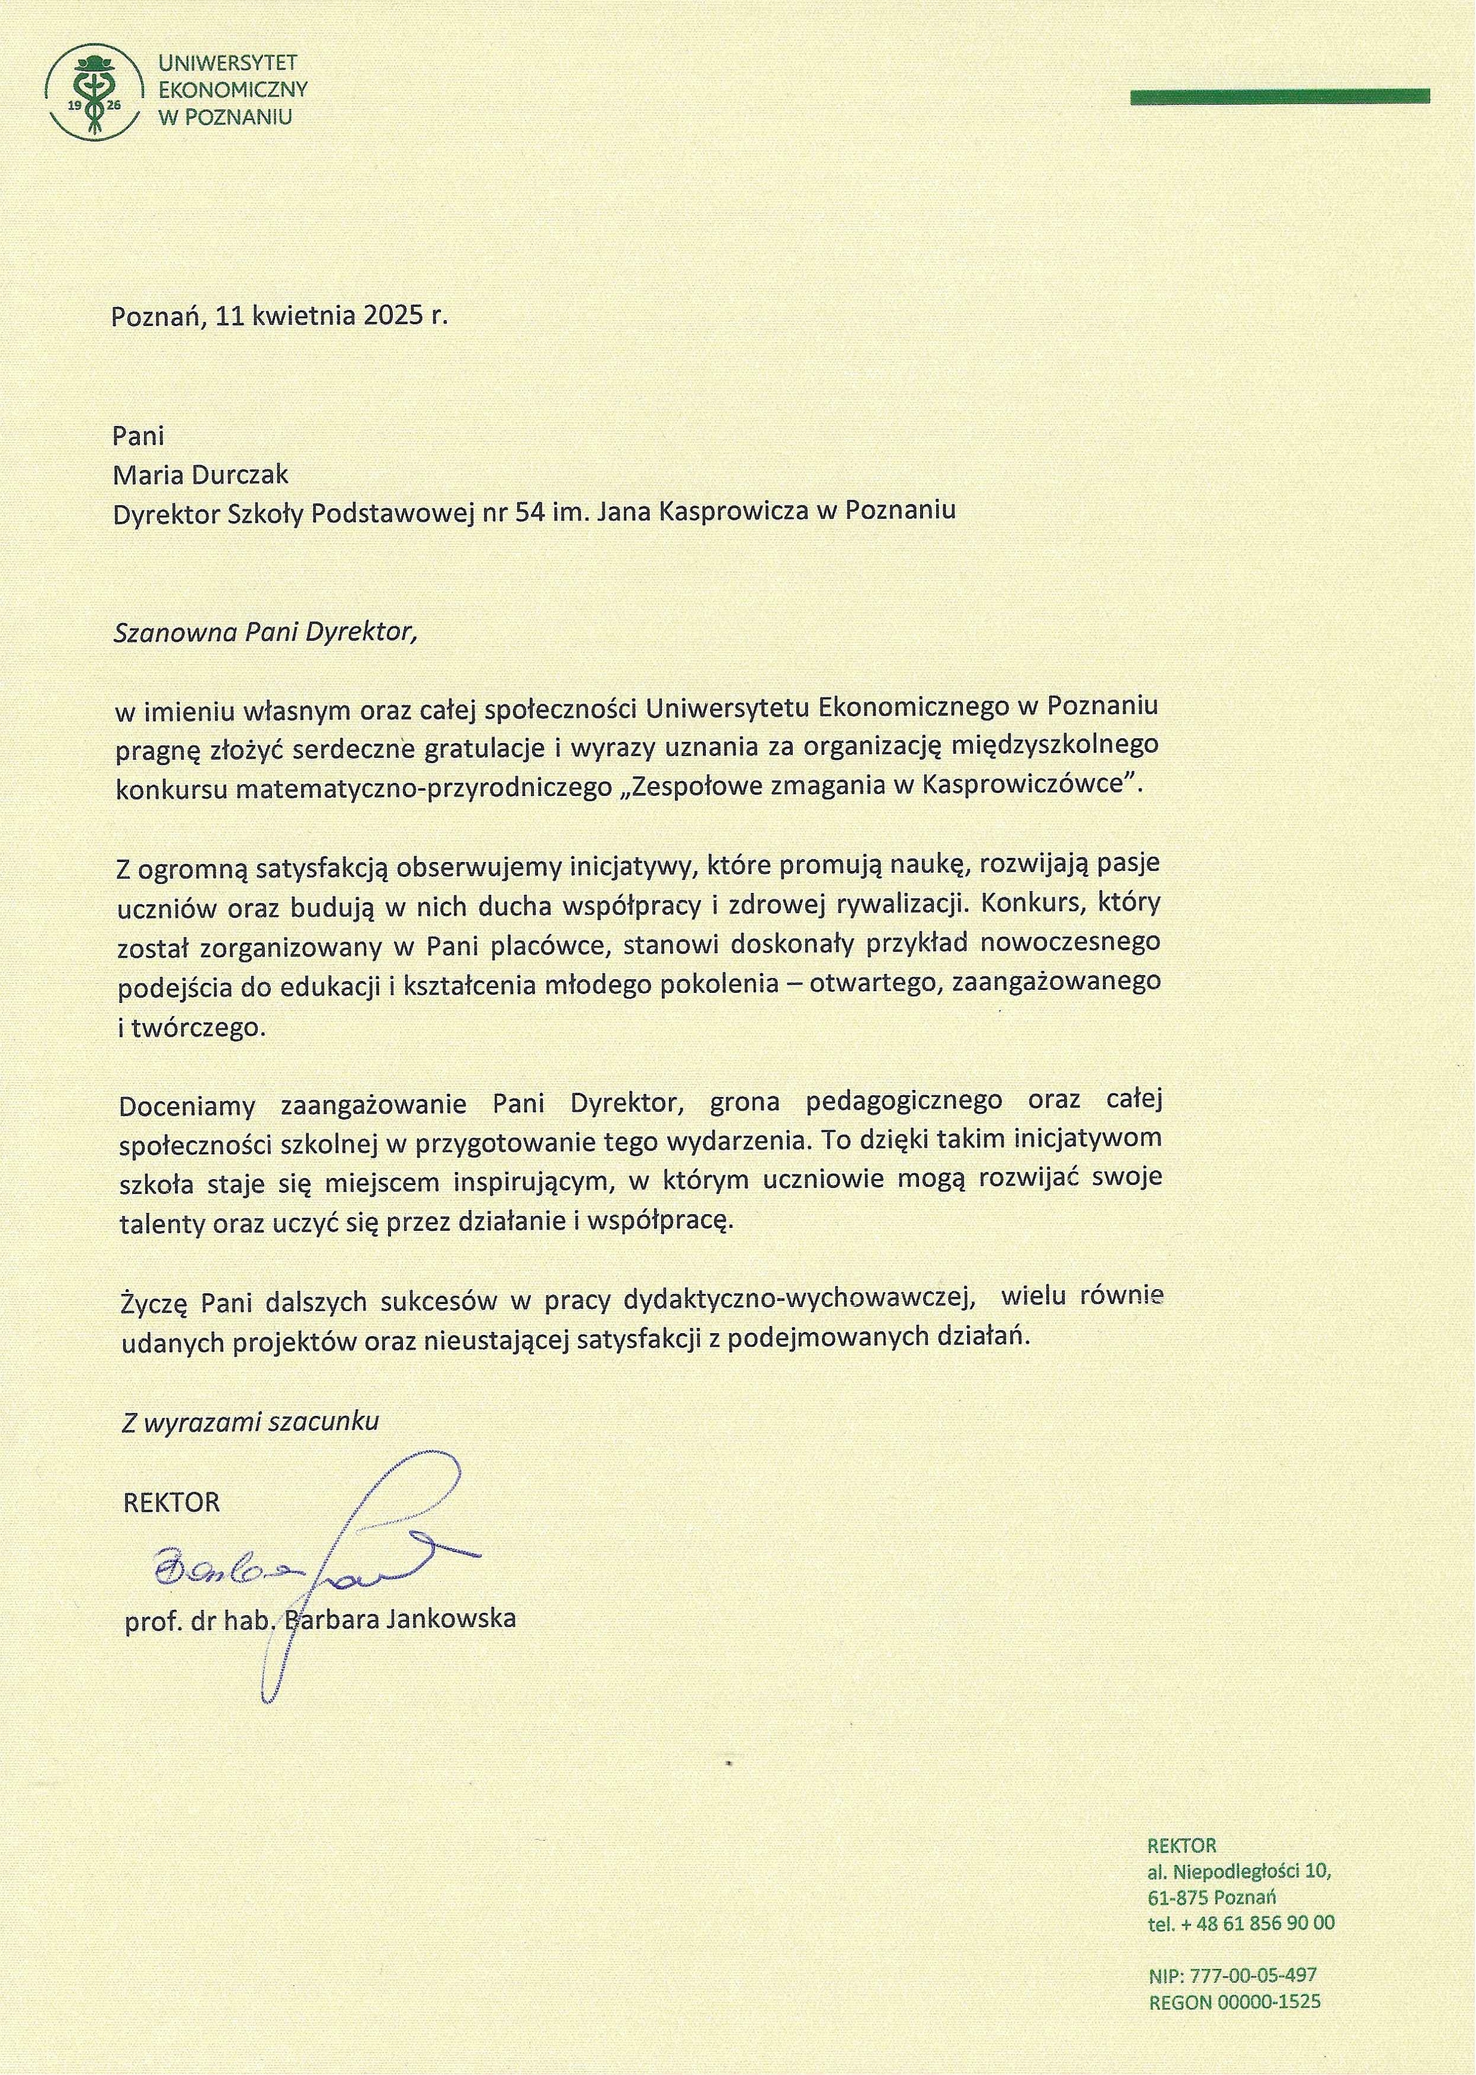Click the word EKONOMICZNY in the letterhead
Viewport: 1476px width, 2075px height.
[233, 89]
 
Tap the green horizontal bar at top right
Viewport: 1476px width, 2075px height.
[1280, 95]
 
